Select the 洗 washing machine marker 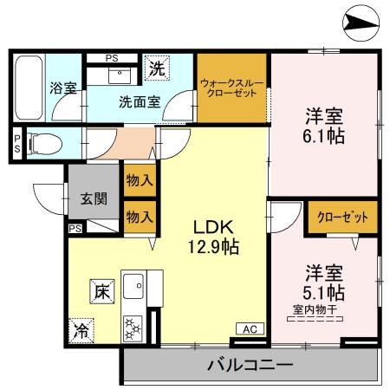tap(158, 66)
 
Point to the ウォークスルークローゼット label tap(231, 89)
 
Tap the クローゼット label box tap(341, 217)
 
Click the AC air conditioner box tap(249, 328)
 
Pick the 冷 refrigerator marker tap(81, 328)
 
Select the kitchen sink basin tap(134, 285)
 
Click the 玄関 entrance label tap(94, 198)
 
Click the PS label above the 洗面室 tap(111, 58)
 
